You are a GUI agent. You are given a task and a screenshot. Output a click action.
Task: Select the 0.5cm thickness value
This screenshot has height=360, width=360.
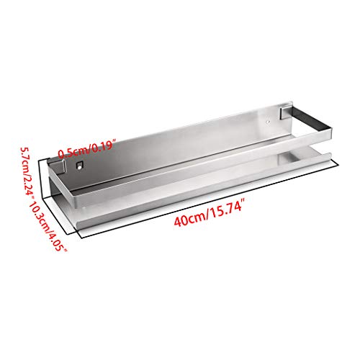tap(72, 151)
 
